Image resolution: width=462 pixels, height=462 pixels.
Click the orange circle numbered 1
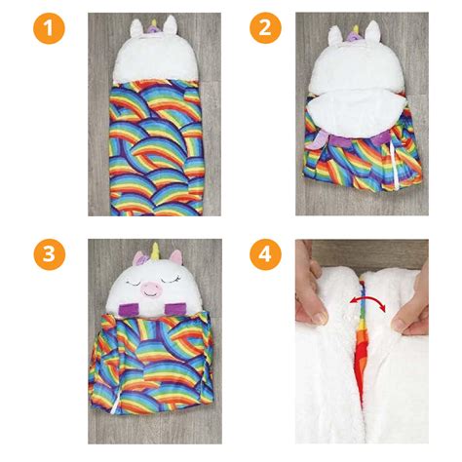coord(49,28)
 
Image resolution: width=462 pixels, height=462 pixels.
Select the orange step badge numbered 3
coord(49,256)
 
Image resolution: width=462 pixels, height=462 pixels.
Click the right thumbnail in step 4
coord(417,312)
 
